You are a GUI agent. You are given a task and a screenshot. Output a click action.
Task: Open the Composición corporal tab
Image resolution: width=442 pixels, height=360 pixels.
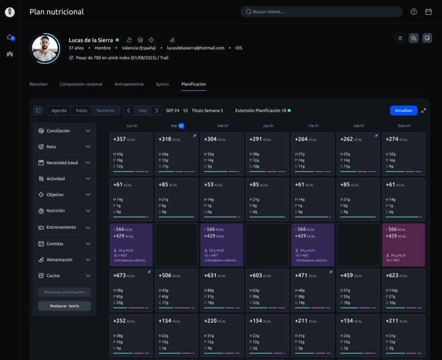tap(81, 84)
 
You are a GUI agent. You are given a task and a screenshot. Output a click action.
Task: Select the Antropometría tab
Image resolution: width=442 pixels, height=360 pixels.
tap(129, 84)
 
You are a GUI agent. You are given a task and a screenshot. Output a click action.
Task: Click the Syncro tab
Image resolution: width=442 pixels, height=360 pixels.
tap(162, 84)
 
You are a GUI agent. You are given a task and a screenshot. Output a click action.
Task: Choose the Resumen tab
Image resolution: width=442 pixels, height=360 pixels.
tap(39, 84)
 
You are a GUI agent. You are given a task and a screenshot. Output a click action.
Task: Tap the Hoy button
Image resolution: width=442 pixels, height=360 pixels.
tap(142, 110)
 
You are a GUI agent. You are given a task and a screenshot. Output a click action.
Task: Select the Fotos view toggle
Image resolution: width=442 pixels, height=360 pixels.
tap(81, 110)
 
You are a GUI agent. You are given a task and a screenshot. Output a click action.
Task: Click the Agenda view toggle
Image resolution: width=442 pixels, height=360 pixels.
tap(59, 110)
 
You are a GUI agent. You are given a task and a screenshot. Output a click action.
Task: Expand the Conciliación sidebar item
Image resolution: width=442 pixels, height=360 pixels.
tap(64, 131)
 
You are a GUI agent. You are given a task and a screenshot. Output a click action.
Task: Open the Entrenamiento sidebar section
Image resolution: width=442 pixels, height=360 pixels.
tap(64, 227)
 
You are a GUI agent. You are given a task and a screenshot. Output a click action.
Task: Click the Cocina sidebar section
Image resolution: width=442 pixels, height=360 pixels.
tap(64, 275)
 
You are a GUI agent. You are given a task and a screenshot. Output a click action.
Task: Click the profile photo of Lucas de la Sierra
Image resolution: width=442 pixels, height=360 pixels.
tap(45, 48)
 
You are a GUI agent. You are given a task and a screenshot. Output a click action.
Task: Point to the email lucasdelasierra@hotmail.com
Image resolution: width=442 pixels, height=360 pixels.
tap(195, 48)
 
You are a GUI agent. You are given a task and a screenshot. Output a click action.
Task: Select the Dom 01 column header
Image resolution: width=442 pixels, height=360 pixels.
tap(403, 126)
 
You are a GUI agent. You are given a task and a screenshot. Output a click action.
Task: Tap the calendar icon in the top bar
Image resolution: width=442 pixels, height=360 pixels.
tap(428, 12)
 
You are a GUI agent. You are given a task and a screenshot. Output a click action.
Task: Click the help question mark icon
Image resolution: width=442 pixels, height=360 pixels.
tap(414, 12)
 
